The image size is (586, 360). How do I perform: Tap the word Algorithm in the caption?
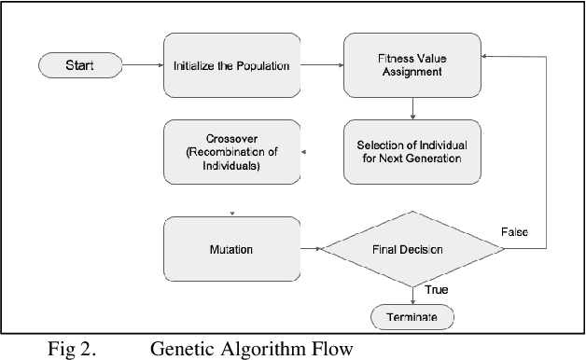pos(266,349)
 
